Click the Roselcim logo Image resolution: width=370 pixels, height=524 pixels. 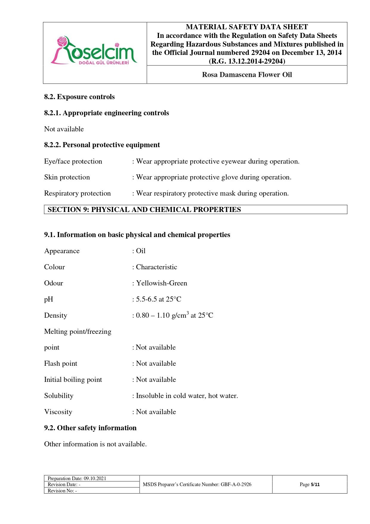click(94, 51)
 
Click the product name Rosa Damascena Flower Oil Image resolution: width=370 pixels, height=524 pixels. click(247, 75)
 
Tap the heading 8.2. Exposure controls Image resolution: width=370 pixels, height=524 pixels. click(79, 97)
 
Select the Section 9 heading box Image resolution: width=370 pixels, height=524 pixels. click(195, 210)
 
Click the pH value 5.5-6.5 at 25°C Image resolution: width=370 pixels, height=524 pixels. click(158, 299)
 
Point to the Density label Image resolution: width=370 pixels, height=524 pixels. click(55, 315)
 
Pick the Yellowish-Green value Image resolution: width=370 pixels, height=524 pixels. click(161, 283)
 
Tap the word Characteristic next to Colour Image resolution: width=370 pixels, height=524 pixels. click(156, 267)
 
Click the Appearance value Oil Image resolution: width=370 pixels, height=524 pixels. click(141, 251)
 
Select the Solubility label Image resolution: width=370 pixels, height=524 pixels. click(59, 396)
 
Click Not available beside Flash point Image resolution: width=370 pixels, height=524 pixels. click(156, 363)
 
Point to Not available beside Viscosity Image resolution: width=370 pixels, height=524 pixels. click(156, 412)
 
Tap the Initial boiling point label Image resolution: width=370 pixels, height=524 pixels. click(73, 379)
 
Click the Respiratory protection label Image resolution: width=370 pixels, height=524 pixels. click(77, 193)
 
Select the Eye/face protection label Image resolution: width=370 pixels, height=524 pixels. click(73, 161)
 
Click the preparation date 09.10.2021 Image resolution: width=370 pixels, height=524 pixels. click(95, 478)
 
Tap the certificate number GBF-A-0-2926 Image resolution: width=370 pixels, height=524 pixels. click(236, 484)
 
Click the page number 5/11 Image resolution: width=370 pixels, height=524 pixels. click(315, 484)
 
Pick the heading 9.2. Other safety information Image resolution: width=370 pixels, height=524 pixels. click(90, 428)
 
